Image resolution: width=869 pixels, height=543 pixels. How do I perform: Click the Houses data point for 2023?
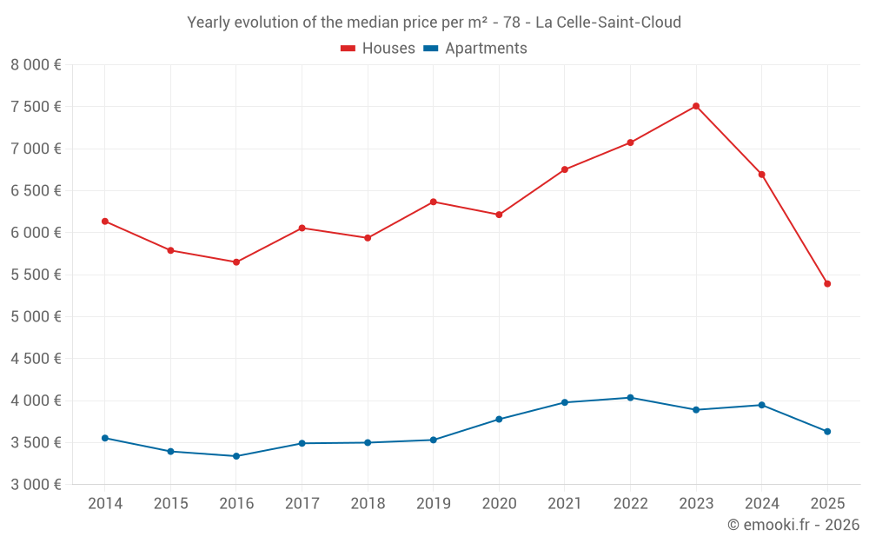pyautogui.click(x=696, y=106)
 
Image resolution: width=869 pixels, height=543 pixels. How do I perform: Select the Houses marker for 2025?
pyautogui.click(x=827, y=284)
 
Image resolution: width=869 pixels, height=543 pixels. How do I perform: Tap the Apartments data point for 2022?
pyautogui.click(x=630, y=398)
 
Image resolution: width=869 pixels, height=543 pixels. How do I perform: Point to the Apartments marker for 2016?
pyautogui.click(x=236, y=456)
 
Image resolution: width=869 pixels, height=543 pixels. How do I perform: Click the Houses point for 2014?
pyautogui.click(x=105, y=222)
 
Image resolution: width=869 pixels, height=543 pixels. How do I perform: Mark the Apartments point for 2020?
pyautogui.click(x=499, y=420)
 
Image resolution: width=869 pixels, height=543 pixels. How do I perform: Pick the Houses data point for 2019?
pyautogui.click(x=434, y=202)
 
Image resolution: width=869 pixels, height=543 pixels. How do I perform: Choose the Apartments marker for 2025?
pyautogui.click(x=827, y=432)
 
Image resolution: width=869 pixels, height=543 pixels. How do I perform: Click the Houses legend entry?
pyautogui.click(x=378, y=49)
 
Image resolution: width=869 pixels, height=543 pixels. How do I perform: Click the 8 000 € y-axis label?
pyautogui.click(x=36, y=65)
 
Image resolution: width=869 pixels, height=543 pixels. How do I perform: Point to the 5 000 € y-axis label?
pyautogui.click(x=36, y=317)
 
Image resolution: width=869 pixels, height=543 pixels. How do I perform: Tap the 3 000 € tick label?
pyautogui.click(x=36, y=485)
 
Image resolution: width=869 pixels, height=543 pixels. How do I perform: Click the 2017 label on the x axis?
pyautogui.click(x=302, y=504)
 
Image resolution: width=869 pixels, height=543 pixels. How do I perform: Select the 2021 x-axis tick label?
pyautogui.click(x=565, y=504)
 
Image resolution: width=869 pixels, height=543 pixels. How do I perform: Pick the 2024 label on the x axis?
pyautogui.click(x=761, y=504)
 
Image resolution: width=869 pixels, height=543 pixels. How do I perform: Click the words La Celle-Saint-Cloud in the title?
pyautogui.click(x=607, y=22)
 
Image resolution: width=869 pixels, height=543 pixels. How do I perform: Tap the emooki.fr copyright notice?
pyautogui.click(x=793, y=525)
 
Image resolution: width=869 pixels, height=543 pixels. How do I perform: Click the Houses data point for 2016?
pyautogui.click(x=236, y=262)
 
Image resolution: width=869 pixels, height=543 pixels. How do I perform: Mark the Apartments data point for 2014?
pyautogui.click(x=105, y=438)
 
